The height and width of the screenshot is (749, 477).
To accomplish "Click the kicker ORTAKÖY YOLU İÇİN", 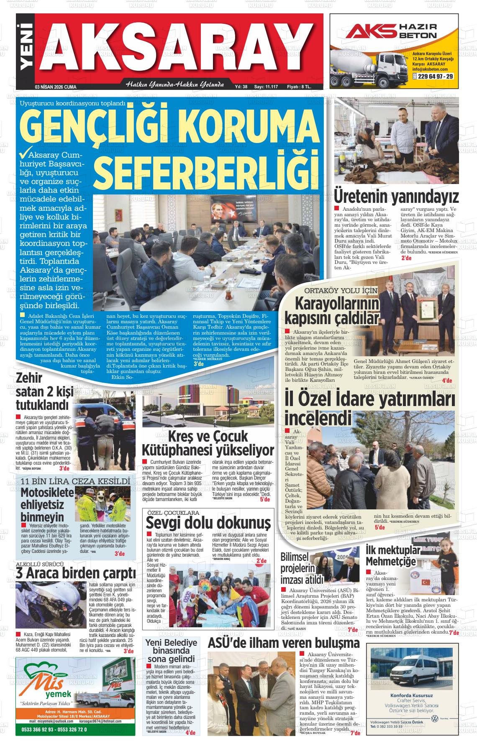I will point(341,290).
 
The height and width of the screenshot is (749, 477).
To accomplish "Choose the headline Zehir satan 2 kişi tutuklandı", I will point(42,391).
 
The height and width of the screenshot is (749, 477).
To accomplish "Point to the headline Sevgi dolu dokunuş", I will point(208,523).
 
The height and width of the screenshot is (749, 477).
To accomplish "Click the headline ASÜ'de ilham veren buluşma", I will point(283,642).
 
